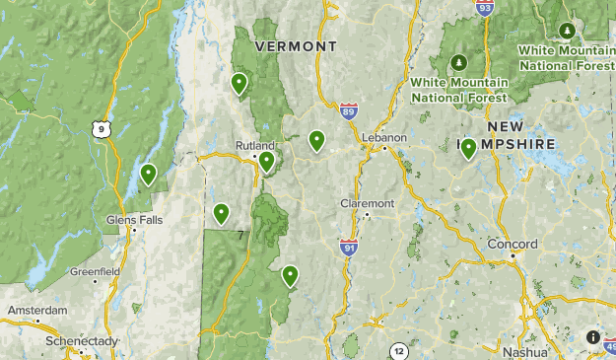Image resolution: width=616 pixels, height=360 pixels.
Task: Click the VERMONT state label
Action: point(296,46)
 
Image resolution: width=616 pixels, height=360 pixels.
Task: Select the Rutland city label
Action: point(254,144)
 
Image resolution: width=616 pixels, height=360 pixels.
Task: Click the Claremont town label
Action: point(367,203)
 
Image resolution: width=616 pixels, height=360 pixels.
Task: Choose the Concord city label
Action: point(513,244)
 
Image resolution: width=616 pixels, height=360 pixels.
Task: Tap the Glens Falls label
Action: point(135,220)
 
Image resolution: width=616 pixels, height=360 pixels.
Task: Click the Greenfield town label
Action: point(95,271)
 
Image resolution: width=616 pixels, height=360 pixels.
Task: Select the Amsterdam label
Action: point(38,310)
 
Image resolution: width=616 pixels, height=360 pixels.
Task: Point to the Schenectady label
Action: point(82,341)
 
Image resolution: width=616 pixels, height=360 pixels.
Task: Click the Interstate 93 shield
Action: point(483,9)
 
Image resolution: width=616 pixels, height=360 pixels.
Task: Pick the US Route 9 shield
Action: point(100,128)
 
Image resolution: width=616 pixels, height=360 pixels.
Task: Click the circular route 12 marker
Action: point(398,351)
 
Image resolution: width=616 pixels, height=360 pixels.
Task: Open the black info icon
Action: point(593,337)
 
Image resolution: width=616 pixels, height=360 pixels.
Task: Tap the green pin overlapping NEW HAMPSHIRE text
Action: point(468,148)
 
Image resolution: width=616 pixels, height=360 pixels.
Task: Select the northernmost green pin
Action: point(239,83)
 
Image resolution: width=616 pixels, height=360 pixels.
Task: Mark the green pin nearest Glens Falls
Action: point(148,174)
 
